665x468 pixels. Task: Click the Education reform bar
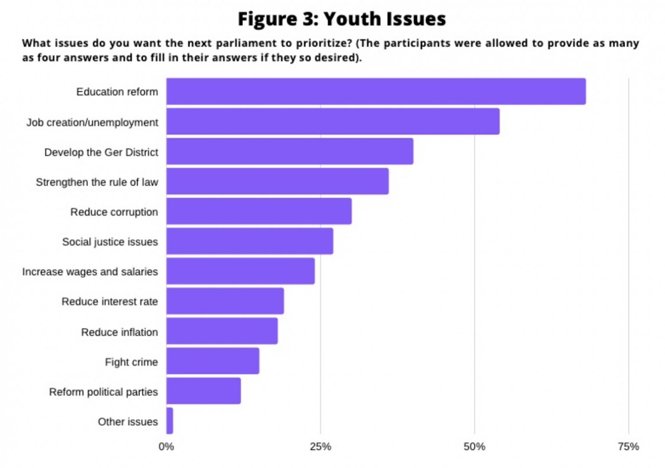(376, 91)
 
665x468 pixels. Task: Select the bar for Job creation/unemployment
(332, 121)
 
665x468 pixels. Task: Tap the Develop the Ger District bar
(290, 151)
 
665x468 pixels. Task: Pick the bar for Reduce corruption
(259, 211)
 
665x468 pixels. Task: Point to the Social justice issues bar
(250, 241)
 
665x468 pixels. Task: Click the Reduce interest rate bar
(225, 301)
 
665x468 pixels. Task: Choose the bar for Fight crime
(213, 361)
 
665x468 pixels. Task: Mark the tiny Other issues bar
(170, 420)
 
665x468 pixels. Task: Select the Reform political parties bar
(203, 390)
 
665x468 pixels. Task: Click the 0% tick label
(166, 447)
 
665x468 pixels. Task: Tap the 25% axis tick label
(320, 447)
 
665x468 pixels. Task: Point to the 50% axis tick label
(475, 447)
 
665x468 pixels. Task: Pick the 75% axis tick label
(628, 447)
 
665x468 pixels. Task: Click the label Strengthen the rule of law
(97, 182)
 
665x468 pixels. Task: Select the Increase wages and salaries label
(90, 272)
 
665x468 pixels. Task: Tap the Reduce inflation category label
(119, 332)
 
